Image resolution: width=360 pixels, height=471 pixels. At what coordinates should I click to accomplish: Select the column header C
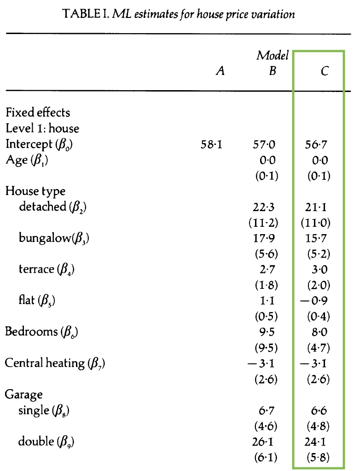pos(325,72)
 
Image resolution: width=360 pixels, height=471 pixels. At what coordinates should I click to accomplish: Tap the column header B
pos(273,72)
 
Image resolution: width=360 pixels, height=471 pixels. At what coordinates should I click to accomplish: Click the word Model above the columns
pos(273,56)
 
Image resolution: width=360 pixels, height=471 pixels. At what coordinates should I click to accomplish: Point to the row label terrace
pos(46,270)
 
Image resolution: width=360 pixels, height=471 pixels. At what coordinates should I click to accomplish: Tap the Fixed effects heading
pos(38,113)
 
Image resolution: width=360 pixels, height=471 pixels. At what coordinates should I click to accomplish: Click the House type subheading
pos(35,191)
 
